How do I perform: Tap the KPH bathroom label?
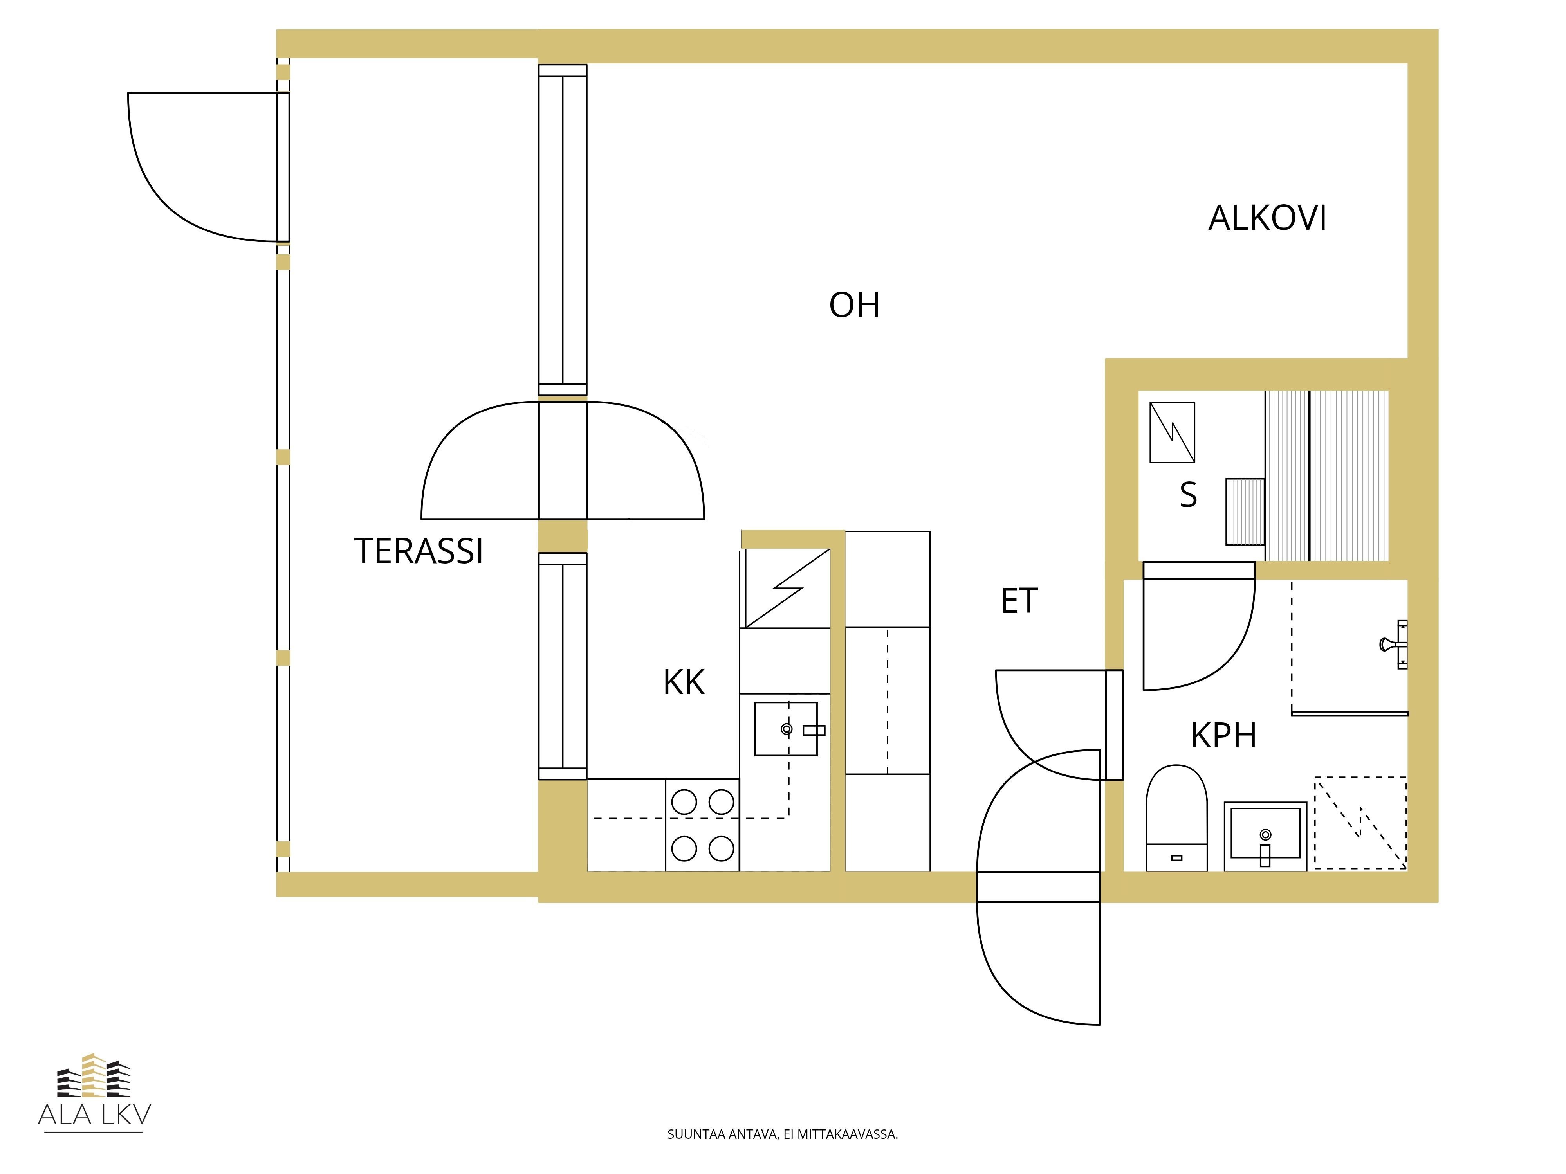pyautogui.click(x=1223, y=736)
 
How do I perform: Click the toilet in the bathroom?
pyautogui.click(x=1176, y=817)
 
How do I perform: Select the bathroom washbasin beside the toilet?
pyautogui.click(x=1265, y=836)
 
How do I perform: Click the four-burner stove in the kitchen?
pyautogui.click(x=702, y=825)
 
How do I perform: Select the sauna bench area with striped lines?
pyautogui.click(x=1327, y=475)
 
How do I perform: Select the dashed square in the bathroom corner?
pyautogui.click(x=1360, y=823)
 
